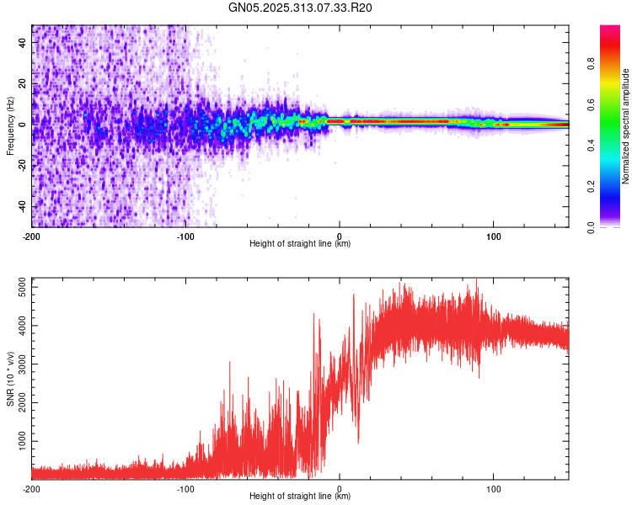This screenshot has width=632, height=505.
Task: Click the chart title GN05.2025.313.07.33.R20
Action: [301, 8]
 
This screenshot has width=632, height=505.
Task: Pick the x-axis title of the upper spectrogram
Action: [300, 244]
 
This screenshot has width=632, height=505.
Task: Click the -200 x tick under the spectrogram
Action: [32, 236]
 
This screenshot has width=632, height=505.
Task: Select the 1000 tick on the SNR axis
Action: [19, 440]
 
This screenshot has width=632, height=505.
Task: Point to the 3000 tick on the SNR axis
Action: [19, 364]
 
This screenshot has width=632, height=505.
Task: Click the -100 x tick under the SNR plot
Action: [185, 489]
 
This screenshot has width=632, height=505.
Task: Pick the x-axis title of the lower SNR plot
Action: [300, 497]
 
